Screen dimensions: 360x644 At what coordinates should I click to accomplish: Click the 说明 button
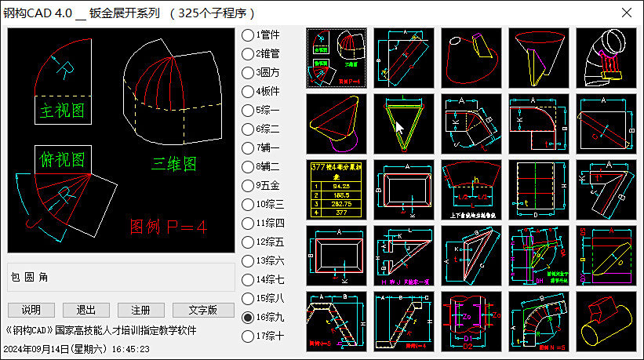click(31, 310)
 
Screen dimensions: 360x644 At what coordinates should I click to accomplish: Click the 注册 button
click(141, 310)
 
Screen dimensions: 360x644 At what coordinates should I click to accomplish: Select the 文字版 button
click(203, 310)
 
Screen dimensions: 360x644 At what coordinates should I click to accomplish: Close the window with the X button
click(627, 13)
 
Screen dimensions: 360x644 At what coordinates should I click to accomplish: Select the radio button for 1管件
click(248, 35)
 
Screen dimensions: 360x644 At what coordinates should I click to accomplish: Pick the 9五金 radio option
click(248, 186)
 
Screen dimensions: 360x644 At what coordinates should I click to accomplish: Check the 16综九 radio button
click(248, 318)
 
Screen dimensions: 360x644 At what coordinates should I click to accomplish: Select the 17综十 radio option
click(248, 336)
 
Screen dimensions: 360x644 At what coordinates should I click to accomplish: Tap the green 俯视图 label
click(62, 161)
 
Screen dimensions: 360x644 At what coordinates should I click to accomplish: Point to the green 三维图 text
click(174, 165)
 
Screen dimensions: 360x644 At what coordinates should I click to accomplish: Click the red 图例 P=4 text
click(168, 227)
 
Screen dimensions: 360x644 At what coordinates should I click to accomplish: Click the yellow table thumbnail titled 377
click(336, 190)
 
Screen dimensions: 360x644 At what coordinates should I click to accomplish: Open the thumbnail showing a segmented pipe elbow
click(606, 58)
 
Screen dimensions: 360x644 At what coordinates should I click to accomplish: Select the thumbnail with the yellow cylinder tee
click(606, 322)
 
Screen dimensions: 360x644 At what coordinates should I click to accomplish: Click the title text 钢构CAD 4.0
click(38, 13)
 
